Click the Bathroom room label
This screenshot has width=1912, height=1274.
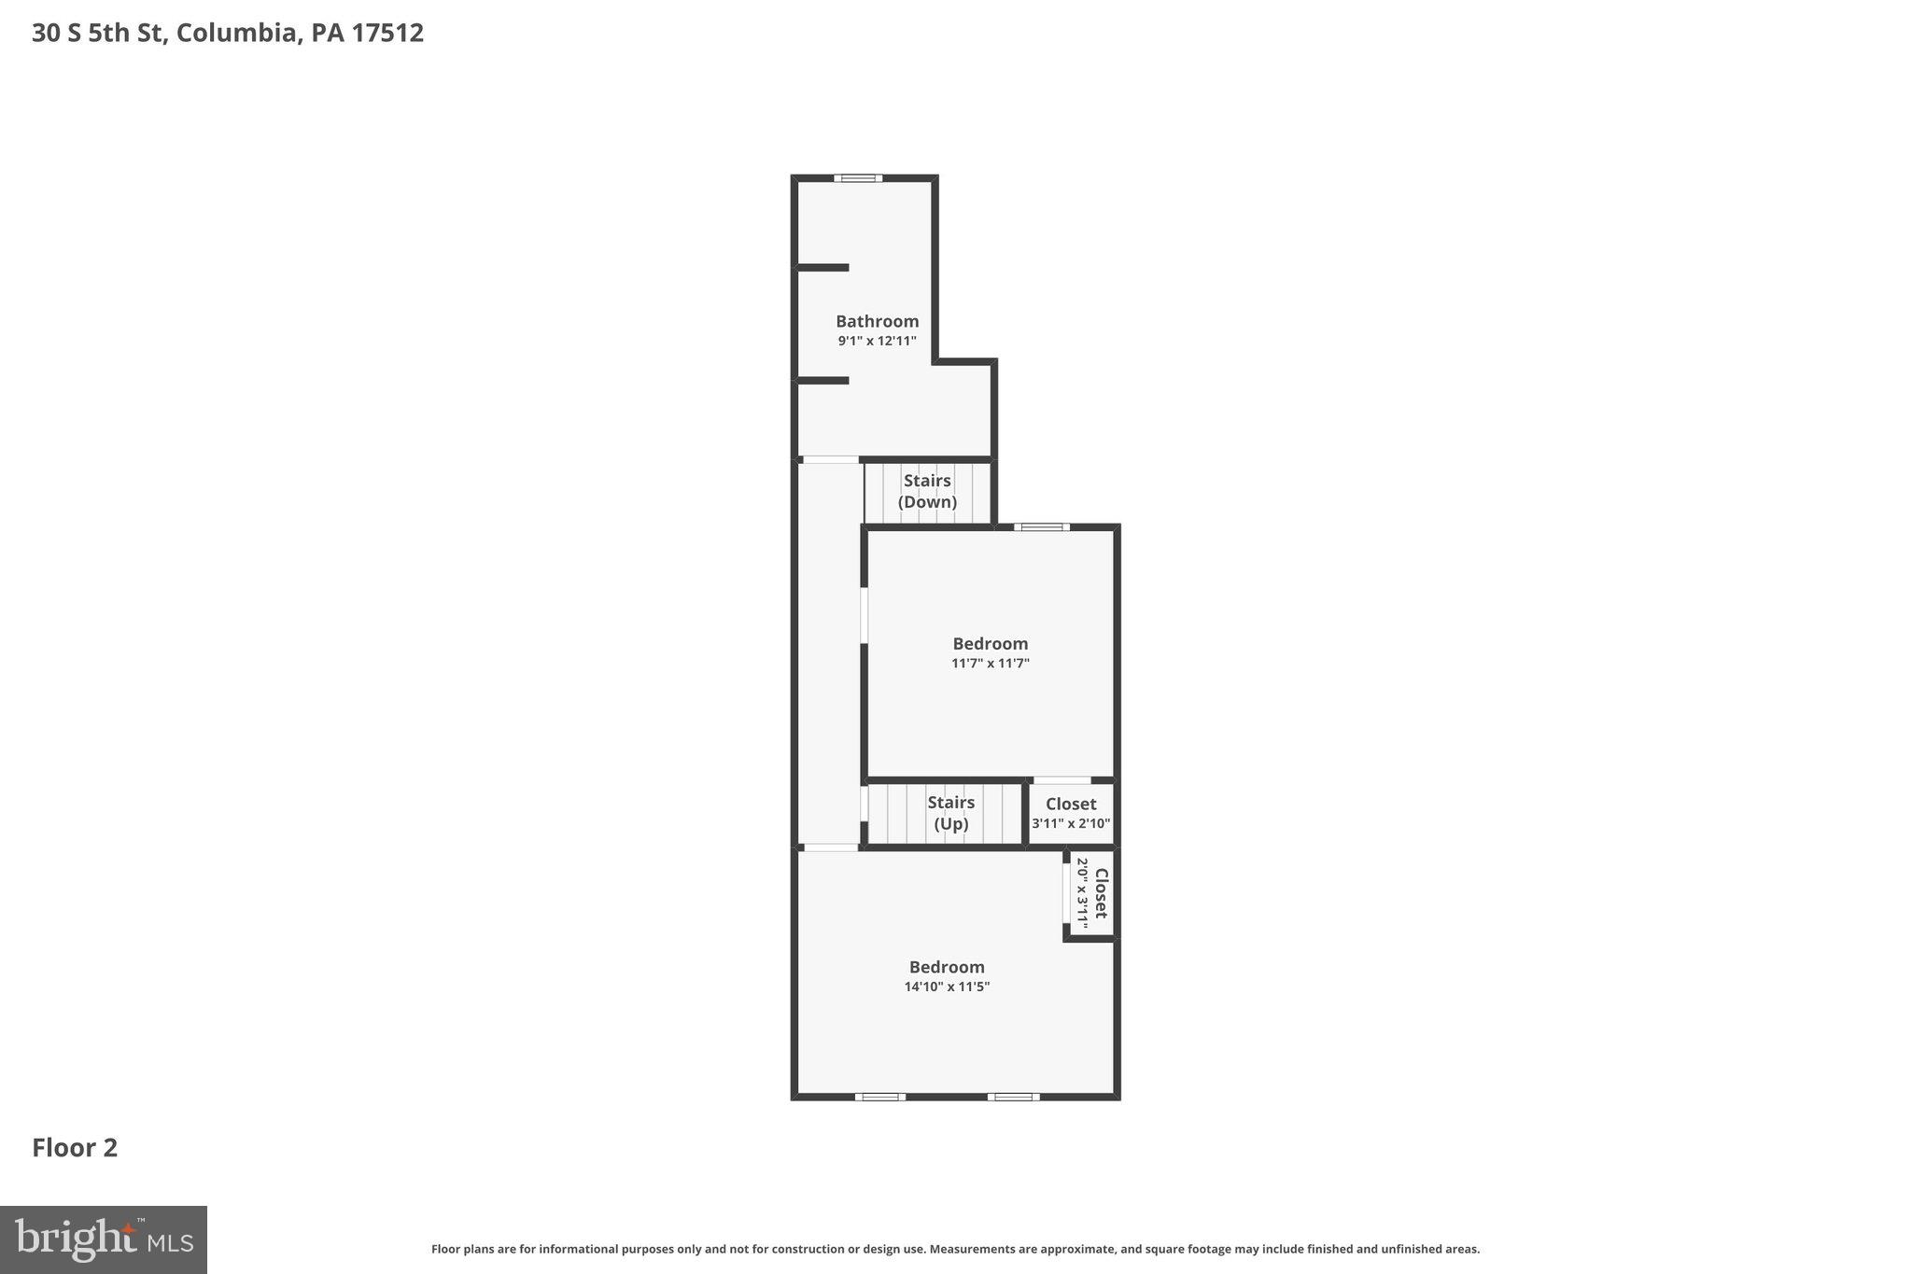pos(877,321)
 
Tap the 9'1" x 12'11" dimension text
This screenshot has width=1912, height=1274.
pos(877,342)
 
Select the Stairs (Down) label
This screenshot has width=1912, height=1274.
pos(927,491)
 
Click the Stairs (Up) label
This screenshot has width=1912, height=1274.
pos(950,813)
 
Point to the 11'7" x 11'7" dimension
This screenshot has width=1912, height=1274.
pos(990,664)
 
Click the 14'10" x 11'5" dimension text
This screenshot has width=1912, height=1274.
pos(947,987)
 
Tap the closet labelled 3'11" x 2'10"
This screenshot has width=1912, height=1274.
pos(1071,813)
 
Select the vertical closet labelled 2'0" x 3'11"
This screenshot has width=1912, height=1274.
pos(1091,892)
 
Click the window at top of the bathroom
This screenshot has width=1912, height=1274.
pos(858,178)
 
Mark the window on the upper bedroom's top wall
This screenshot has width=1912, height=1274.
pos(1042,527)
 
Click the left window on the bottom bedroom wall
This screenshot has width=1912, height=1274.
pos(879,1097)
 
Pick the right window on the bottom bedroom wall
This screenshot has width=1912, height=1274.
pos(1013,1097)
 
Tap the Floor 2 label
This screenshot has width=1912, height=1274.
pos(75,1148)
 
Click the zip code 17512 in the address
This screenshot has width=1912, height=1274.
pos(387,33)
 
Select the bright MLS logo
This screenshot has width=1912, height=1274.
pos(104,1239)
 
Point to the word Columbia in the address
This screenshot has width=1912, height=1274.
pos(237,33)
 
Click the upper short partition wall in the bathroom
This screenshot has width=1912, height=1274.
pos(822,268)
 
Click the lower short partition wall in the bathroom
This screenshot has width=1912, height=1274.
pos(822,381)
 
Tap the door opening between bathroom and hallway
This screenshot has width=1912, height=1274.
pos(830,459)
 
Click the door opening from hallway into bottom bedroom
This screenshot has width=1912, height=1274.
pos(831,847)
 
